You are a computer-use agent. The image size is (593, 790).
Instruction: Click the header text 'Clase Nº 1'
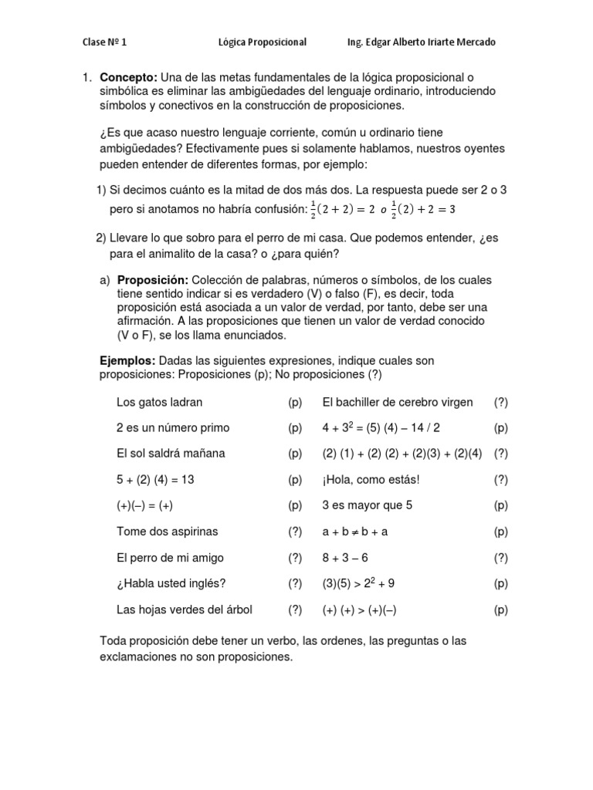tap(105, 42)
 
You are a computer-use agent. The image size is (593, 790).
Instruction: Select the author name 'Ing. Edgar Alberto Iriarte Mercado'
tap(422, 42)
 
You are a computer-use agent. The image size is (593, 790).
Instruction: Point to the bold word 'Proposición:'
tap(153, 279)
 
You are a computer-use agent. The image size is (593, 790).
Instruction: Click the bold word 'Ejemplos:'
tap(128, 360)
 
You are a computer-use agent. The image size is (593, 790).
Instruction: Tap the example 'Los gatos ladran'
tap(160, 402)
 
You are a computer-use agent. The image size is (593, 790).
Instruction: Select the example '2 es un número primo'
tap(173, 427)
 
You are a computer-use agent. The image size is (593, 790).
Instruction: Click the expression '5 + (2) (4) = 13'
tap(155, 479)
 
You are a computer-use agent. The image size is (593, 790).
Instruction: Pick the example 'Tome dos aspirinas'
tap(167, 531)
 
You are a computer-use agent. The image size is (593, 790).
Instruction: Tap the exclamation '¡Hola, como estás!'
tap(371, 479)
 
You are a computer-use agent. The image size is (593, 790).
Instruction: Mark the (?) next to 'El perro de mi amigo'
tap(295, 557)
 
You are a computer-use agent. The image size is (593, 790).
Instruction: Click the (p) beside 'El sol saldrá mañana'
tap(295, 454)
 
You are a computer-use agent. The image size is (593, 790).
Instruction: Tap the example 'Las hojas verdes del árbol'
tap(185, 609)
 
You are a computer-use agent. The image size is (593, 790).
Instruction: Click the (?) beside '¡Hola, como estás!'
tap(500, 479)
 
